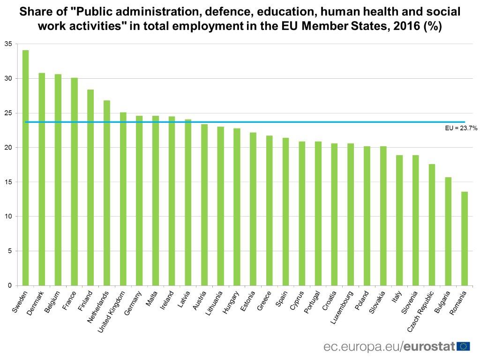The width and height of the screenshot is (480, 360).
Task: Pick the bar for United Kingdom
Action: [x=123, y=199]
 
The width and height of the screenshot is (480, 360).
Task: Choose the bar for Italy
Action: [x=399, y=220]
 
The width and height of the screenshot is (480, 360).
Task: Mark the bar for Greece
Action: [x=270, y=210]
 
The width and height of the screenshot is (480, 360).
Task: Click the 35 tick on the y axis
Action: [x=8, y=44]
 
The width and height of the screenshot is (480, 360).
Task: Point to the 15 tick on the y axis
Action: [x=8, y=182]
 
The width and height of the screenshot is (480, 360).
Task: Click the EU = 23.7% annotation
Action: [x=461, y=127]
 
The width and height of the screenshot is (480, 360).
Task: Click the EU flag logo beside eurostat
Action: [x=464, y=346]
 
